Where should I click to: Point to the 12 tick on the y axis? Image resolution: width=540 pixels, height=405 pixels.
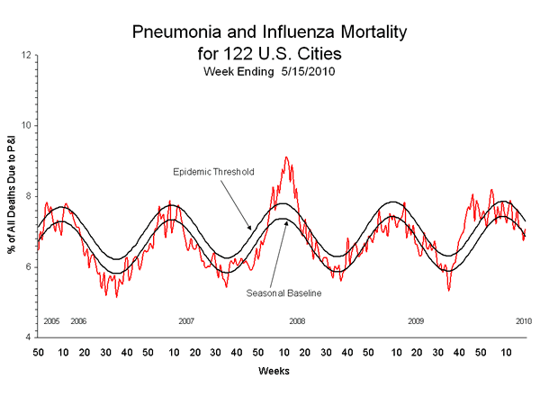click(x=27, y=55)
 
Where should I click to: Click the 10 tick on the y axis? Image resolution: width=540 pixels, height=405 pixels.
click(x=27, y=125)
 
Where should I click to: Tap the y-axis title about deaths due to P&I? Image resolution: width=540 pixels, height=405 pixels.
click(x=12, y=196)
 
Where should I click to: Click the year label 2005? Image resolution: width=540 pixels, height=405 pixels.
click(x=51, y=321)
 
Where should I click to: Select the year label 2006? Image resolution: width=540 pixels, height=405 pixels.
click(x=78, y=321)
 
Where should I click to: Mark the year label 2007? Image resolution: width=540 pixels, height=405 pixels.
click(x=186, y=321)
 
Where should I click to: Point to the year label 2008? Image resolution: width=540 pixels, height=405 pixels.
click(x=295, y=321)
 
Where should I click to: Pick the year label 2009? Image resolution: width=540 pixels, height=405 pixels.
click(x=416, y=321)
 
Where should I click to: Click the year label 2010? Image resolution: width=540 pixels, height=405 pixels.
click(x=523, y=321)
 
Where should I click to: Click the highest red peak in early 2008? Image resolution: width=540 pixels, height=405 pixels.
click(x=286, y=157)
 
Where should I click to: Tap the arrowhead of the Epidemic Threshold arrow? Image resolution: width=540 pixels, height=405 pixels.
click(x=253, y=230)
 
